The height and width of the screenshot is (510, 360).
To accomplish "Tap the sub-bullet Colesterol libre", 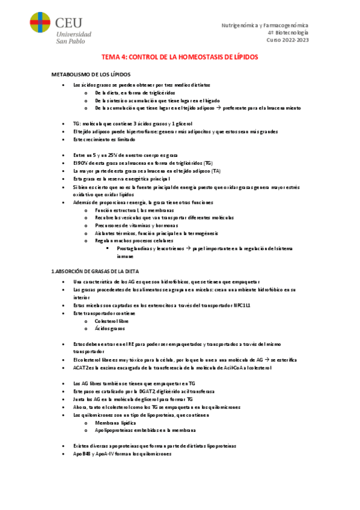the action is click(111, 321).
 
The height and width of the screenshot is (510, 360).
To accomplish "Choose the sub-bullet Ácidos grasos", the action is click(109, 329).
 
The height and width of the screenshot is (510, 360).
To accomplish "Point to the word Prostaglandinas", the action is click(135, 248).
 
